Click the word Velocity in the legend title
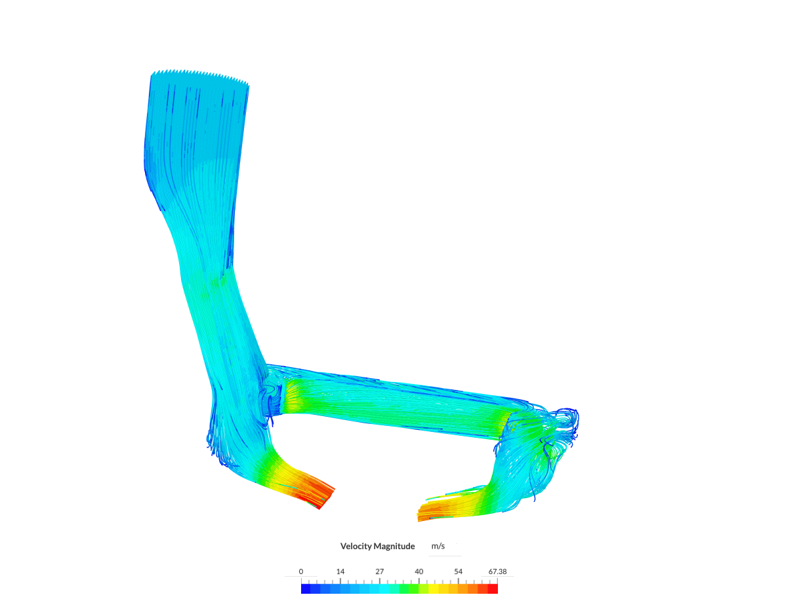pos(357,547)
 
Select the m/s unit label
pos(438,547)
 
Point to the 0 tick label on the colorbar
pos(300,571)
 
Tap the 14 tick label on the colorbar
pos(340,571)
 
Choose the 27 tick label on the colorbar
pos(379,571)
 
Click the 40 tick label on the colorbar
pos(419,571)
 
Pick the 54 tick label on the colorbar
pos(458,571)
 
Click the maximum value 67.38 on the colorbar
pos(497,571)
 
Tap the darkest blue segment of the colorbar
pos(306,589)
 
